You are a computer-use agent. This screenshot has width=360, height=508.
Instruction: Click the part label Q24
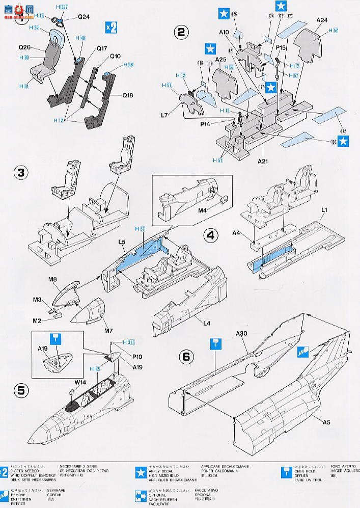84,17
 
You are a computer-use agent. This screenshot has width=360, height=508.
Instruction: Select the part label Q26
25,47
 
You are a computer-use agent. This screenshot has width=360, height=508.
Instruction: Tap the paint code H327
63,8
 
